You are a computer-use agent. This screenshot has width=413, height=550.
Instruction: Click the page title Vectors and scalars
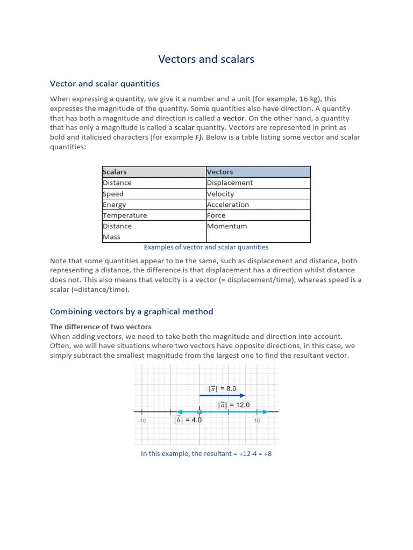206,59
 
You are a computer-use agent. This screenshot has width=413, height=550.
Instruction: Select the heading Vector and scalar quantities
105,83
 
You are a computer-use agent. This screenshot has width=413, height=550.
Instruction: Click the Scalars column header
115,172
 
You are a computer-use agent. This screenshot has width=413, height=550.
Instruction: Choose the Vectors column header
220,172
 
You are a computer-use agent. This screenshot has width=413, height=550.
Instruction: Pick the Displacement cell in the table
230,183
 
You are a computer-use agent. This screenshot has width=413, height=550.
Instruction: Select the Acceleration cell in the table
228,205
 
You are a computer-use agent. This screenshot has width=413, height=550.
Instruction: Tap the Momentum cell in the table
227,226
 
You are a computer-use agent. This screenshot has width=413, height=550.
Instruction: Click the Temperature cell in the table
125,215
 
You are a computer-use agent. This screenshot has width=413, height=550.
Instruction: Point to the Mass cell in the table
111,237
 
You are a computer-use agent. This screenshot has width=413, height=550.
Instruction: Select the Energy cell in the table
114,205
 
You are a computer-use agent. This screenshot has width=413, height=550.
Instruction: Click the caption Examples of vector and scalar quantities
206,247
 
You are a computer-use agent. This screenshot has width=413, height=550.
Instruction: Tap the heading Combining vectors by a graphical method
131,312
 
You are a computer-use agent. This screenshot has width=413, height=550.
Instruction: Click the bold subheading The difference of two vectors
101,327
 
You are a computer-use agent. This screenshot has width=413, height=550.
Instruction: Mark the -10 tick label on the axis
141,421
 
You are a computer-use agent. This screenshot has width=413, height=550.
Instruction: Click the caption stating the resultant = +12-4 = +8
206,453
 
